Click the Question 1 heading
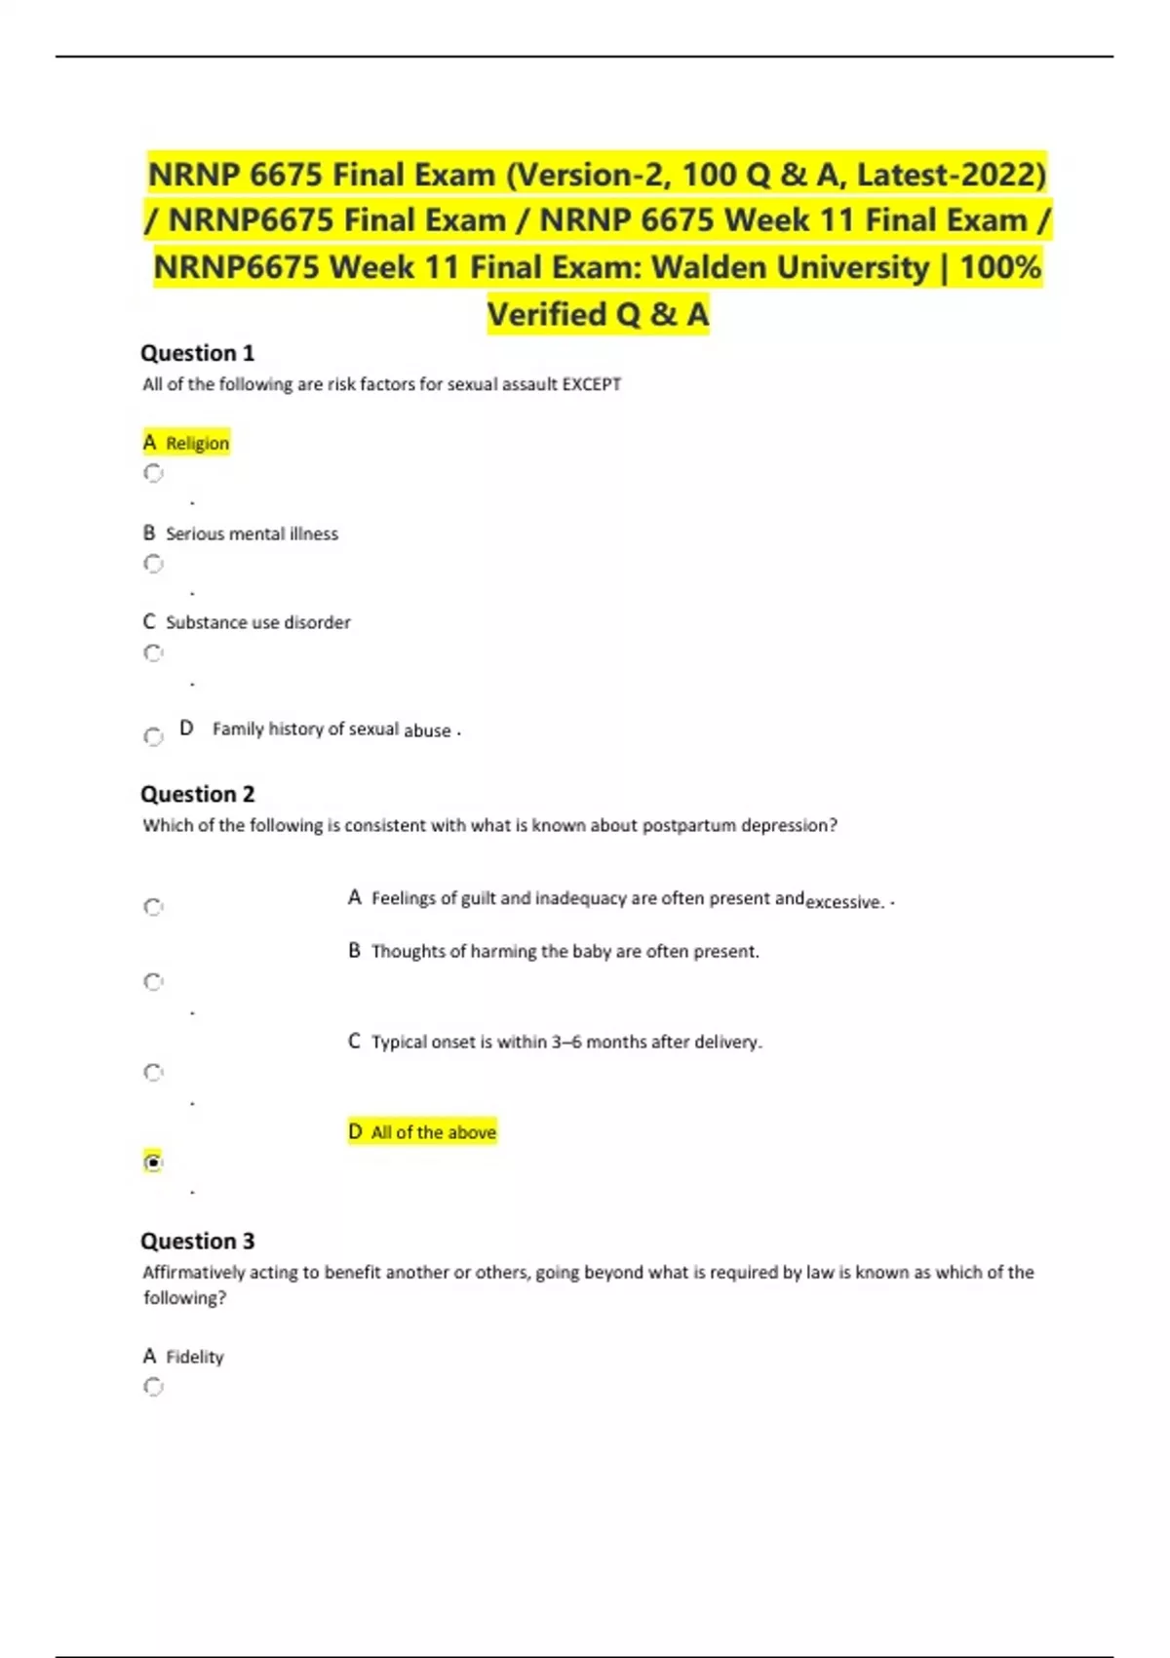point(197,353)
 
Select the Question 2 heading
point(197,794)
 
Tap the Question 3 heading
point(197,1241)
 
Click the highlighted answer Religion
point(197,443)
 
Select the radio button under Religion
point(153,473)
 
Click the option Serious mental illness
point(252,533)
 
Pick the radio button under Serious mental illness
point(153,564)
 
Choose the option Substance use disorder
point(257,622)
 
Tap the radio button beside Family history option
point(153,736)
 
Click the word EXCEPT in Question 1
point(591,384)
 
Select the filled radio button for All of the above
point(153,1162)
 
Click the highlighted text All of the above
point(433,1132)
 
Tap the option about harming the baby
point(565,951)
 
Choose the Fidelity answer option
point(194,1357)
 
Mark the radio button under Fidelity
point(153,1386)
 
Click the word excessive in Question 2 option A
point(844,902)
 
